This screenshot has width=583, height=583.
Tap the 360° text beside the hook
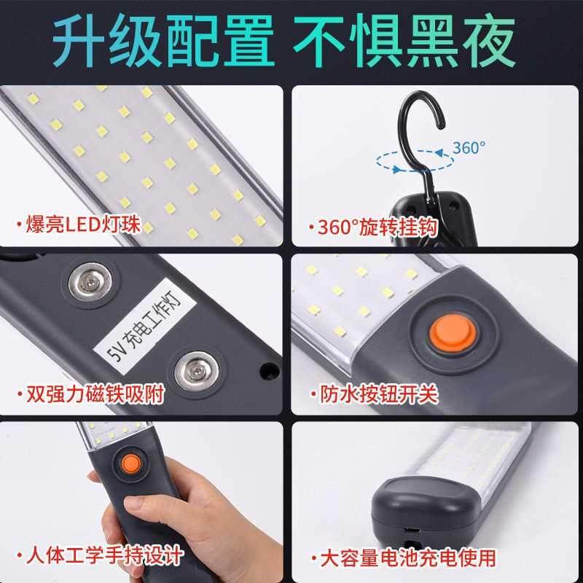(468, 148)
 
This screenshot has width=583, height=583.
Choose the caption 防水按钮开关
(379, 394)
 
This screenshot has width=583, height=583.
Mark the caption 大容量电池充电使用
(407, 558)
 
